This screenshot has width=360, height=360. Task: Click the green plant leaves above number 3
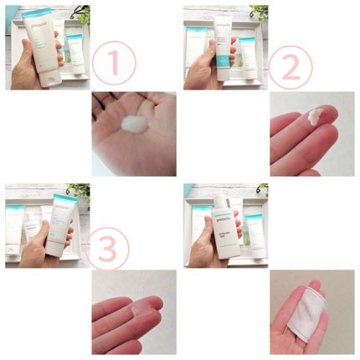[81, 191]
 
